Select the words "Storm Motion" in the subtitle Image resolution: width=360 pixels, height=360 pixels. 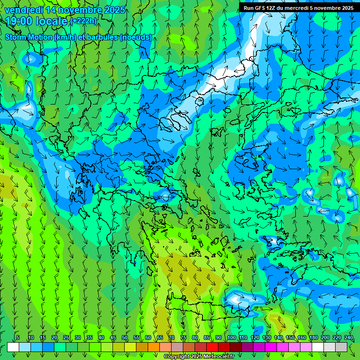(29, 37)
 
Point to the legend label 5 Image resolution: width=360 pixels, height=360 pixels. (18, 337)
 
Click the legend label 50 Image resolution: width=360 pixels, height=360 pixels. (125, 337)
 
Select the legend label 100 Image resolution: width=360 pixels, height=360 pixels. (232, 337)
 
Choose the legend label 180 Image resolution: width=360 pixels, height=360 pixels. (313, 337)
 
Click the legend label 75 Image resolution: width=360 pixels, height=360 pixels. (183, 337)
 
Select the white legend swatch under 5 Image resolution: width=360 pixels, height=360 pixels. (13, 347)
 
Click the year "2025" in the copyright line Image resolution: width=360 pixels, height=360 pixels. (194, 357)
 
